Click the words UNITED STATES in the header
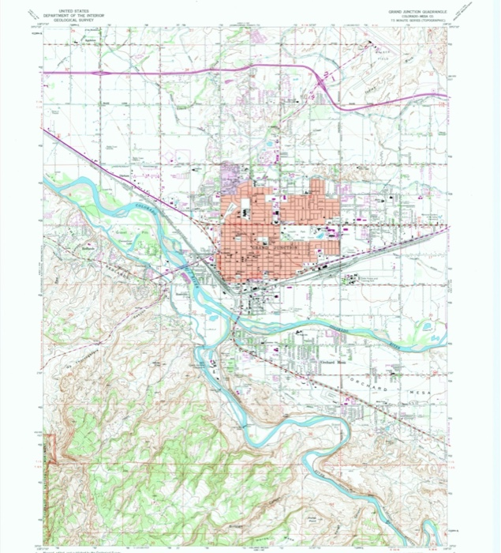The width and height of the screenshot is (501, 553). (x=66, y=10)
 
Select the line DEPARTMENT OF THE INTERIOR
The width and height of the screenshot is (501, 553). (x=66, y=14)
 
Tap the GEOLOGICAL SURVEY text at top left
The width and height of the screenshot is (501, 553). (x=66, y=19)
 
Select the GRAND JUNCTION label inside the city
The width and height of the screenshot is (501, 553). (x=272, y=247)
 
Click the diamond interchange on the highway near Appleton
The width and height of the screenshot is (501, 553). (x=101, y=73)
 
